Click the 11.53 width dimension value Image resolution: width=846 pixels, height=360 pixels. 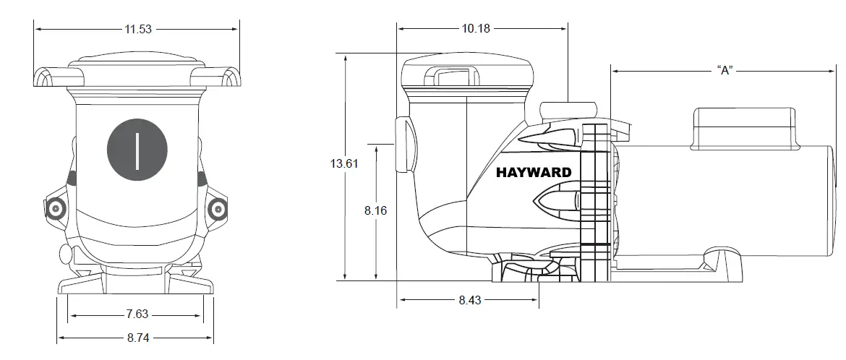pos(137,29)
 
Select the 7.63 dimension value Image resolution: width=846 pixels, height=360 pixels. pos(137,314)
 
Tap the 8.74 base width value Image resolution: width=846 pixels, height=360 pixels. pos(137,338)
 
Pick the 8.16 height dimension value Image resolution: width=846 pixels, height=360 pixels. pos(376,210)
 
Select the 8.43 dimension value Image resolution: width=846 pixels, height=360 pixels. pos(469,300)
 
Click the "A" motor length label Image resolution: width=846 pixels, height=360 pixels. pos(725,70)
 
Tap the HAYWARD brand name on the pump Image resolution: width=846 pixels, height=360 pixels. pos(534,173)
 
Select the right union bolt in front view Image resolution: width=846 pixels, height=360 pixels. pos(217,209)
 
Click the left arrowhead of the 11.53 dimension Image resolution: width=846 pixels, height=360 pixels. pos(38,29)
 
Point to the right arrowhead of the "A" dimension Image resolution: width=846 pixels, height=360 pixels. pos(833,70)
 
